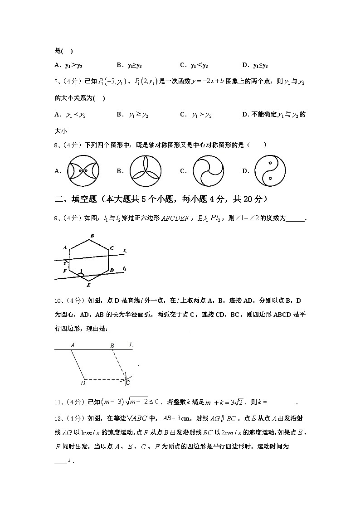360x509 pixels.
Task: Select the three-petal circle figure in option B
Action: click(146, 171)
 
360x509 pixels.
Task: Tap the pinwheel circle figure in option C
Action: click(209, 171)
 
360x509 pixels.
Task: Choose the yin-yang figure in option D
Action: click(270, 171)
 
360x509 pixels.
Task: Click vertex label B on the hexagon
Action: click(92, 236)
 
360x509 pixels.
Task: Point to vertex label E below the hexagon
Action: click(88, 286)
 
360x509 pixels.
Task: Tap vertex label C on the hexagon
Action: click(112, 248)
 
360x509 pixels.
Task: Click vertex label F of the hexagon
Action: click(65, 271)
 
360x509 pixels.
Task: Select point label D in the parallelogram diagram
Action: click(83, 383)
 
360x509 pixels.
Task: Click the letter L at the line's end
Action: click(131, 345)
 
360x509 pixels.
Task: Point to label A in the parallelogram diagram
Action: click(72, 345)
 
